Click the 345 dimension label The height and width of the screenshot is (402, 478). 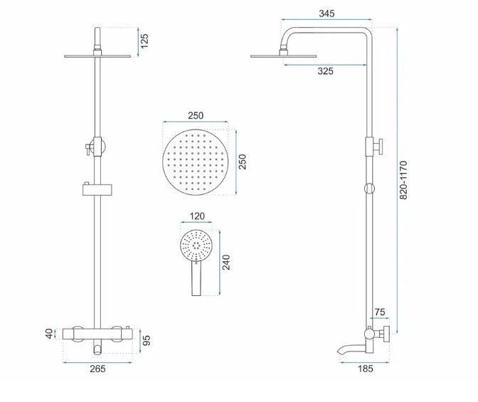point(326,14)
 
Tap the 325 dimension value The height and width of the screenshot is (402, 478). point(325,71)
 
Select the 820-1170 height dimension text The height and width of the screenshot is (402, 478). point(403,180)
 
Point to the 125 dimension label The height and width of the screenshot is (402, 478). point(144,41)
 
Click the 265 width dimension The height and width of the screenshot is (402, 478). point(97,369)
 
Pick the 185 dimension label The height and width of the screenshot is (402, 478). point(365,369)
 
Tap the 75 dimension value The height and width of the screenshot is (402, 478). point(380,312)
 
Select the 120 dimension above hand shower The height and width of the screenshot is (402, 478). point(197,216)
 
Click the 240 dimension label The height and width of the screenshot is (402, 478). point(226,263)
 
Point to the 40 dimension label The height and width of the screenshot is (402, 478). point(49,334)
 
